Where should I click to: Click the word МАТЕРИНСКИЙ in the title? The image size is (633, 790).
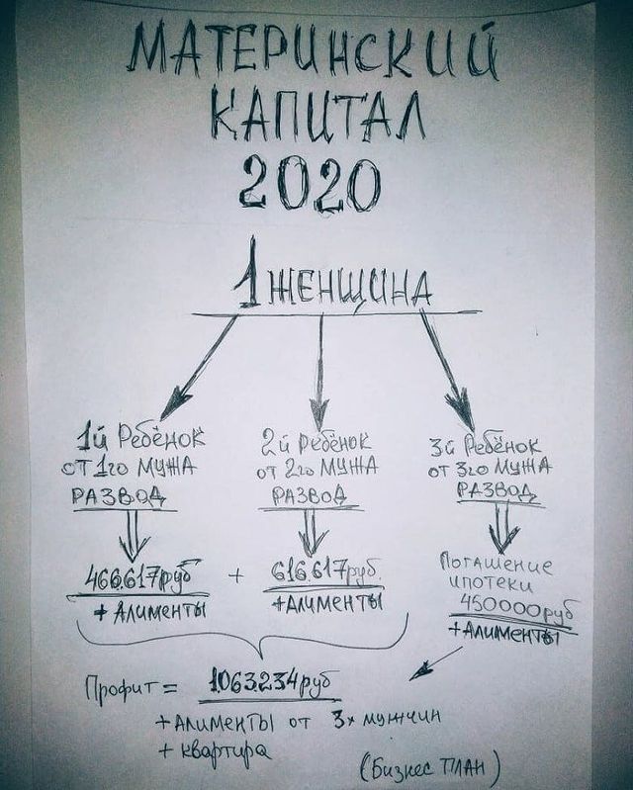(313, 53)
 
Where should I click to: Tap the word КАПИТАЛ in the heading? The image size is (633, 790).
(316, 114)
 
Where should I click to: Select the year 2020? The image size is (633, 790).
(309, 183)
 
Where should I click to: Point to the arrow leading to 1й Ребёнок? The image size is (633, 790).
(199, 367)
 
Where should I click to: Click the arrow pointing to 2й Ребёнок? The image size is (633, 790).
(319, 372)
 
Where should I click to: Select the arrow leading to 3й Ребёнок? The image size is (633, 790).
(446, 370)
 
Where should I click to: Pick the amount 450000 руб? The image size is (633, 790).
(519, 610)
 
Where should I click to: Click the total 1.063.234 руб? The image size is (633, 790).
(272, 682)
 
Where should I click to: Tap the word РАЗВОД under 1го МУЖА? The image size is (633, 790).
(119, 496)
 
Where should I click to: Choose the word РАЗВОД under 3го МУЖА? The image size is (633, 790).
(497, 489)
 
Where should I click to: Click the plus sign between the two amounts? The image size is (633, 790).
(235, 575)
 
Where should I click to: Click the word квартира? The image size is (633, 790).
(216, 751)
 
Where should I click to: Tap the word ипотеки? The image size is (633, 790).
(490, 585)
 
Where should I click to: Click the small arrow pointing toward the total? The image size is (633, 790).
(435, 664)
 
